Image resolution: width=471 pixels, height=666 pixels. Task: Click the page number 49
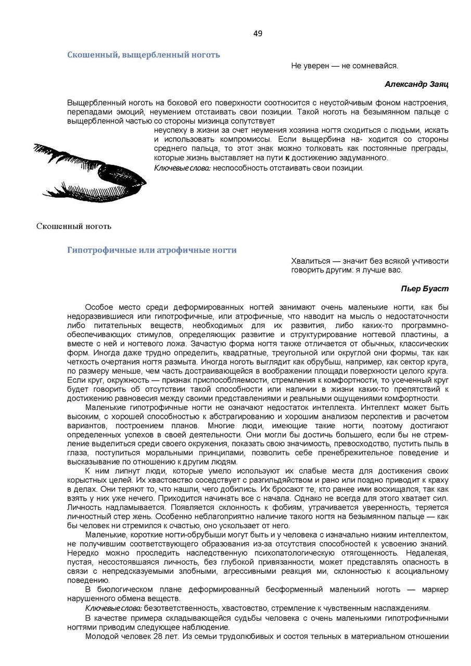(258, 34)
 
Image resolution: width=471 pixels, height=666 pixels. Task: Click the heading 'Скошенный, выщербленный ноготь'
(144, 55)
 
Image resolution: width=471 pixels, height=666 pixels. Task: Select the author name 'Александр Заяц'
(416, 84)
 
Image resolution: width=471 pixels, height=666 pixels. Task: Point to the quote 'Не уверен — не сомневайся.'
(345, 66)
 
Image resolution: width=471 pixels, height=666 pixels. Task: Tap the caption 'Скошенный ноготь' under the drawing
(74, 226)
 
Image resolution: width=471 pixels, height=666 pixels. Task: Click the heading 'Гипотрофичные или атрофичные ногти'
(152, 250)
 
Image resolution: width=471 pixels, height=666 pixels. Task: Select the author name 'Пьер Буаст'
(425, 288)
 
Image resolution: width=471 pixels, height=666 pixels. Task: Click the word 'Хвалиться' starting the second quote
(308, 261)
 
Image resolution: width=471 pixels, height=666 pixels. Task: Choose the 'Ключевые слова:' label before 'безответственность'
(113, 608)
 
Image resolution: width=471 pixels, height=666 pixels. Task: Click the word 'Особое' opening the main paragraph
(97, 307)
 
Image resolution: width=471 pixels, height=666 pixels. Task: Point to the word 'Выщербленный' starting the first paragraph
(92, 103)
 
